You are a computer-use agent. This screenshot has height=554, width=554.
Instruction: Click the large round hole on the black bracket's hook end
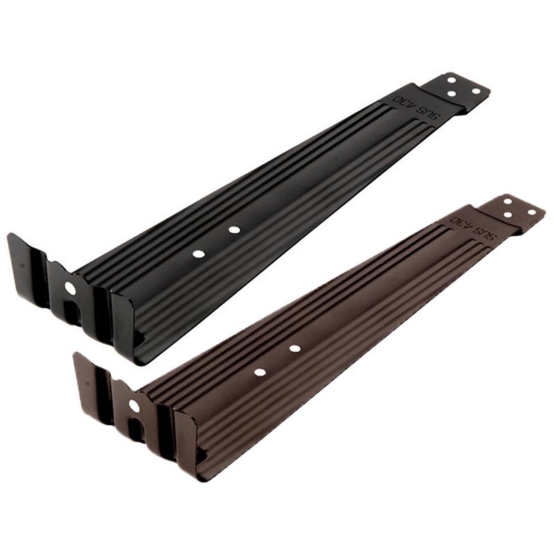[x=71, y=288]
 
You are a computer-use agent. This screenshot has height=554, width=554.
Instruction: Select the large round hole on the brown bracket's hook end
[x=134, y=406]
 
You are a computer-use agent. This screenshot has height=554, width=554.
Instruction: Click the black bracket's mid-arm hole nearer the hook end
[x=198, y=253]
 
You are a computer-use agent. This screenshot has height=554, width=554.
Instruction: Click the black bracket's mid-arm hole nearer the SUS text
[x=234, y=230]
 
